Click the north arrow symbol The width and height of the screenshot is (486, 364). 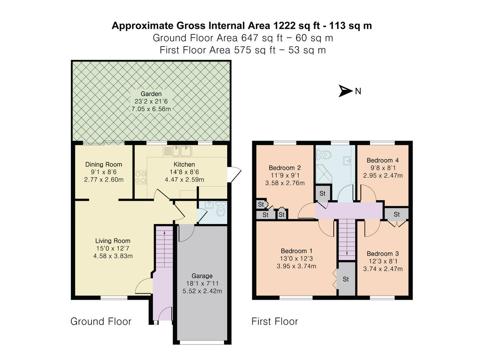[345, 91]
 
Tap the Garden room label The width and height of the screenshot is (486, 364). [151, 94]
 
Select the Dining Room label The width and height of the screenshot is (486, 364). [103, 164]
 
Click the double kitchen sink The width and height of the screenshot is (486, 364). [181, 151]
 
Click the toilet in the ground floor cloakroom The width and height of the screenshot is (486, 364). [220, 210]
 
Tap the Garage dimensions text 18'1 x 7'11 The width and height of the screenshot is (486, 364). [202, 284]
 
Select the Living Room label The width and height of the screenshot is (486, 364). [113, 241]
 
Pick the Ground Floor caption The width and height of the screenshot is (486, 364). [101, 322]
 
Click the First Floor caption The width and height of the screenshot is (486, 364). [275, 322]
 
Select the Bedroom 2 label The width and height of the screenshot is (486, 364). [284, 168]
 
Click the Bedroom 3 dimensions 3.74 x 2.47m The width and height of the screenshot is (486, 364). [382, 269]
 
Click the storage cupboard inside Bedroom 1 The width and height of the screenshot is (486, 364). [346, 279]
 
